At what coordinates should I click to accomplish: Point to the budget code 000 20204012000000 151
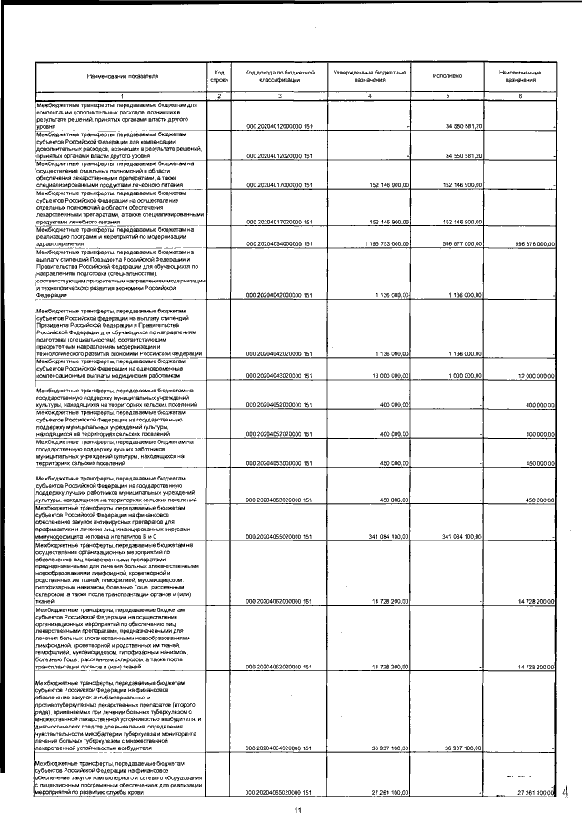(x=279, y=126)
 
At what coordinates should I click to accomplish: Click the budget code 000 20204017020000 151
(x=279, y=221)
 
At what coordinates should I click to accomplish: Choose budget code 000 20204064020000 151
(x=279, y=748)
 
